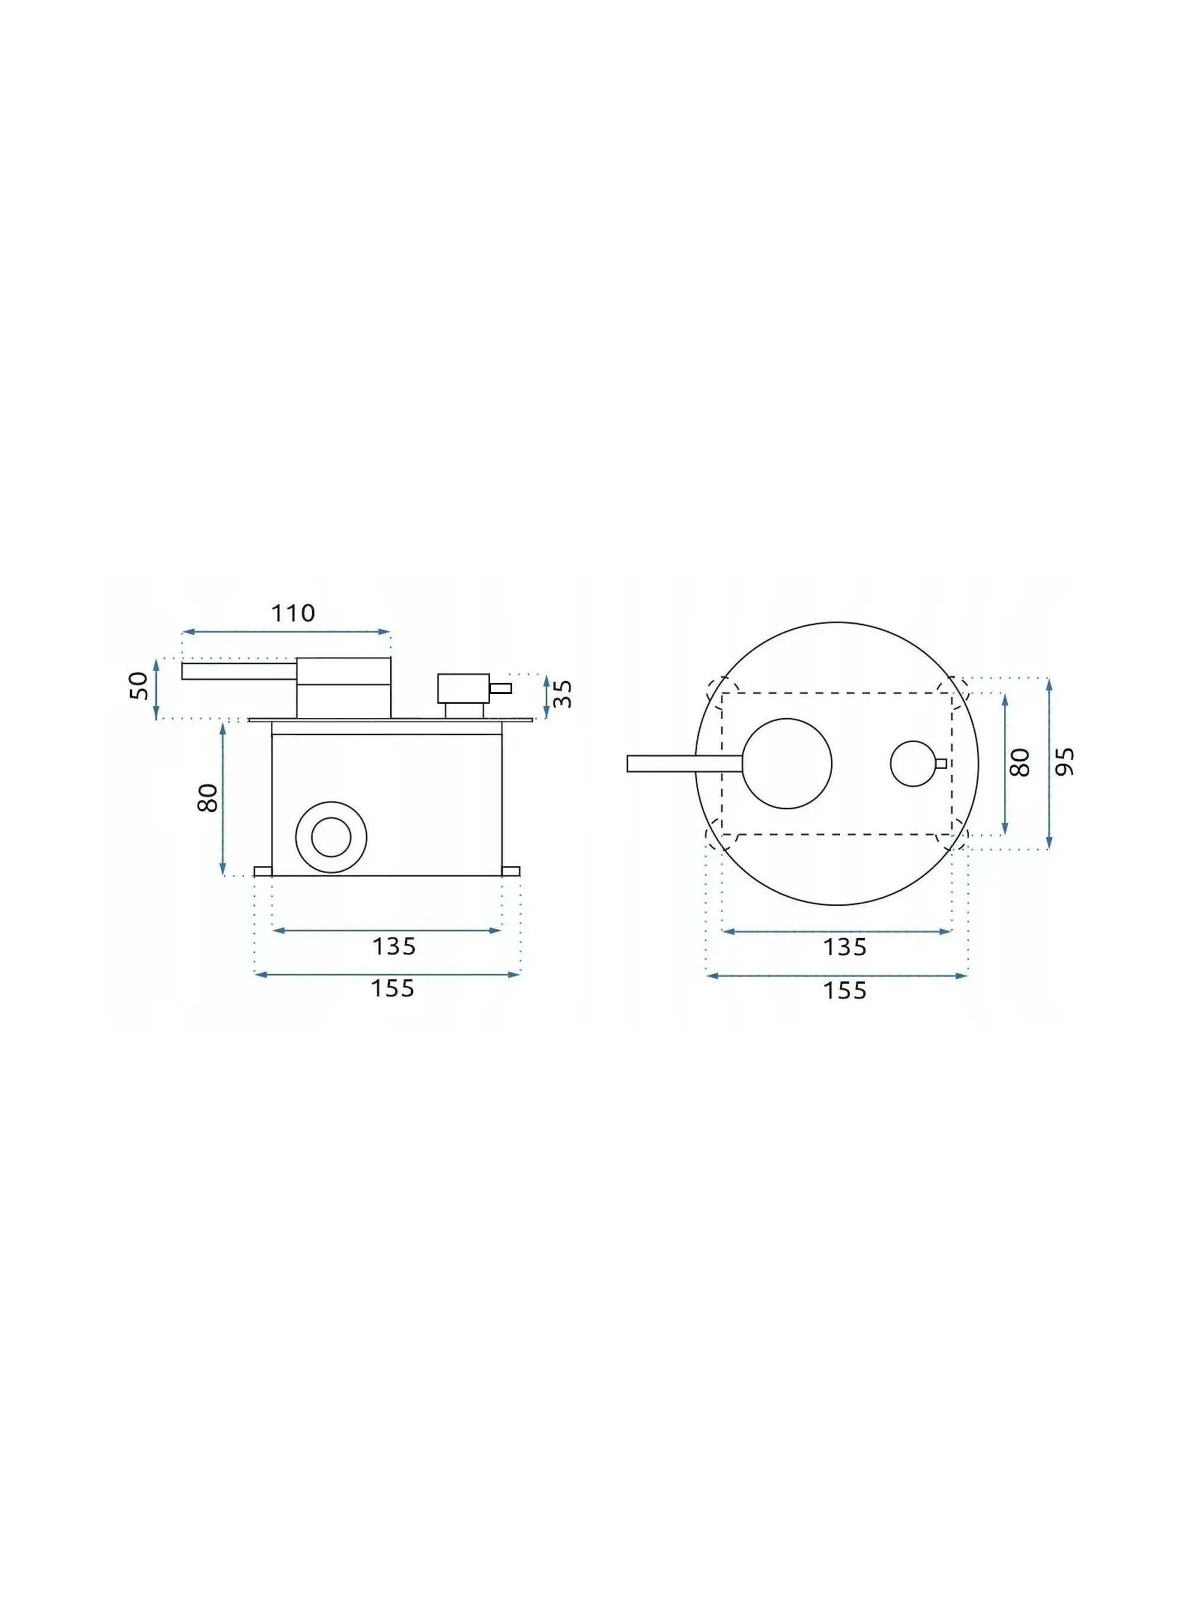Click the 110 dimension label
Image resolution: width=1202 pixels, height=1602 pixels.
click(293, 614)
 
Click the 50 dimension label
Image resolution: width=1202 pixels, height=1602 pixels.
click(138, 686)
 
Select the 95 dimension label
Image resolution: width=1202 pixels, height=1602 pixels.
click(1064, 762)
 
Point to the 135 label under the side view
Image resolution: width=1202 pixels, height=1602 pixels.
click(394, 946)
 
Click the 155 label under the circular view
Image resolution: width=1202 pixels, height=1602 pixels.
click(845, 990)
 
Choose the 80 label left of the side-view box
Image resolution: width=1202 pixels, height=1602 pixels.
click(208, 798)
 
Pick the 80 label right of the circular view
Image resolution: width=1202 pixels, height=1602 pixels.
click(1019, 763)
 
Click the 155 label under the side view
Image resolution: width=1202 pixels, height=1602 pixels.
click(393, 988)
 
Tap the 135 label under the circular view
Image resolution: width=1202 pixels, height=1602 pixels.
click(845, 946)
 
